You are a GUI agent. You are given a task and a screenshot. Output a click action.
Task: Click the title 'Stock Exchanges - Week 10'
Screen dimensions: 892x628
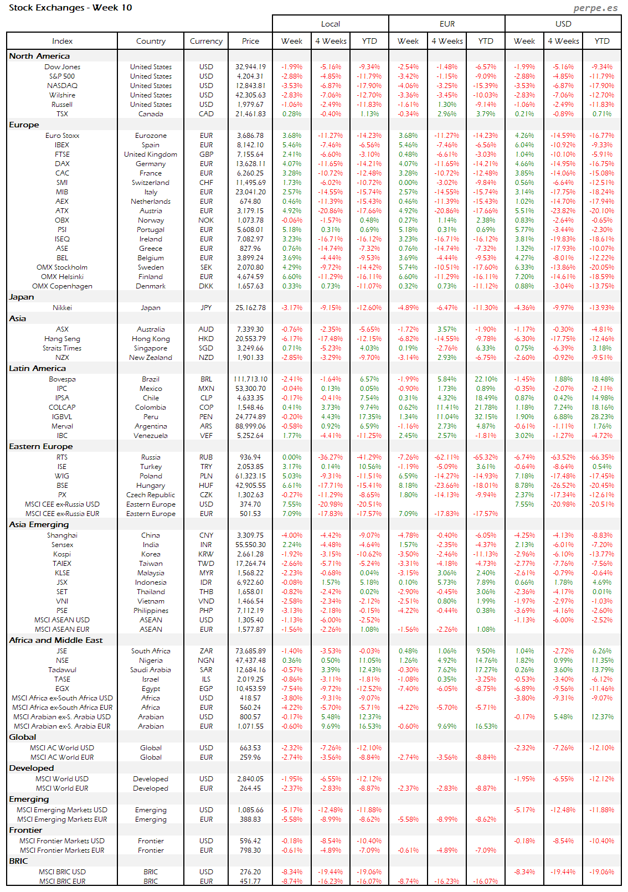(70, 8)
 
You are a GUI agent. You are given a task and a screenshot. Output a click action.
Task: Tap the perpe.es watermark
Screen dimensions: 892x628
(595, 8)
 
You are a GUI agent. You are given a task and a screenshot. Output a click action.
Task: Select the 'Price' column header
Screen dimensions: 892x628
(250, 41)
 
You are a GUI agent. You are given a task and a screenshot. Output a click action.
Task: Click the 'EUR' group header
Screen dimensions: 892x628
(447, 24)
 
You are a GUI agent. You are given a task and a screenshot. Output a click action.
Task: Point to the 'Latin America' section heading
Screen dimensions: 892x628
(37, 368)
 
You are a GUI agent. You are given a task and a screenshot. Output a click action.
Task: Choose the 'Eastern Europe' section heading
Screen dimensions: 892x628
(40, 446)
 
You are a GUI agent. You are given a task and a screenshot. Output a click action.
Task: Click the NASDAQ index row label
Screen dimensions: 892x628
(62, 86)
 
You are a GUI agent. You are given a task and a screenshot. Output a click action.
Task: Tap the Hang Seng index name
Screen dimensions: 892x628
(62, 339)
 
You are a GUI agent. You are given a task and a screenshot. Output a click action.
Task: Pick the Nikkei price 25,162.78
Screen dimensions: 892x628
(250, 308)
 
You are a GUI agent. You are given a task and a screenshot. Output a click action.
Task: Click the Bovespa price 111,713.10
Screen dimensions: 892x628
(250, 379)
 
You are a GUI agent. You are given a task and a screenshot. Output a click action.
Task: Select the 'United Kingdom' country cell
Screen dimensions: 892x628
(151, 154)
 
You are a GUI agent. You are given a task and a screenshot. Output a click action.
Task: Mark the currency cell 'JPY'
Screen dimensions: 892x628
(206, 308)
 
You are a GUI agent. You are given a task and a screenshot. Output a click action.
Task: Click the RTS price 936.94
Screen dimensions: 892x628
(250, 457)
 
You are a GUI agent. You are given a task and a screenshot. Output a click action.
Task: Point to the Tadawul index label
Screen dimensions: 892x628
(62, 670)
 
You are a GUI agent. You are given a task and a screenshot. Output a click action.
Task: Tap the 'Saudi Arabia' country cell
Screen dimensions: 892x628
(151, 670)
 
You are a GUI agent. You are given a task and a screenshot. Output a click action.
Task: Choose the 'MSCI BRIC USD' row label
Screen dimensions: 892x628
(62, 872)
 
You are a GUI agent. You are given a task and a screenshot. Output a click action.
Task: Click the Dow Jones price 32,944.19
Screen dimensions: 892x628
(250, 67)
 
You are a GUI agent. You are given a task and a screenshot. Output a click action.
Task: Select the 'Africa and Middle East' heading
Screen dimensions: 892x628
(55, 640)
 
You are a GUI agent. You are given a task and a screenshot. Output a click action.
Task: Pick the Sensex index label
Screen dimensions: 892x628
(62, 545)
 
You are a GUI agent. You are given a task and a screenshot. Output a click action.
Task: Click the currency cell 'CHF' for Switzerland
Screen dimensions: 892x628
(206, 183)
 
